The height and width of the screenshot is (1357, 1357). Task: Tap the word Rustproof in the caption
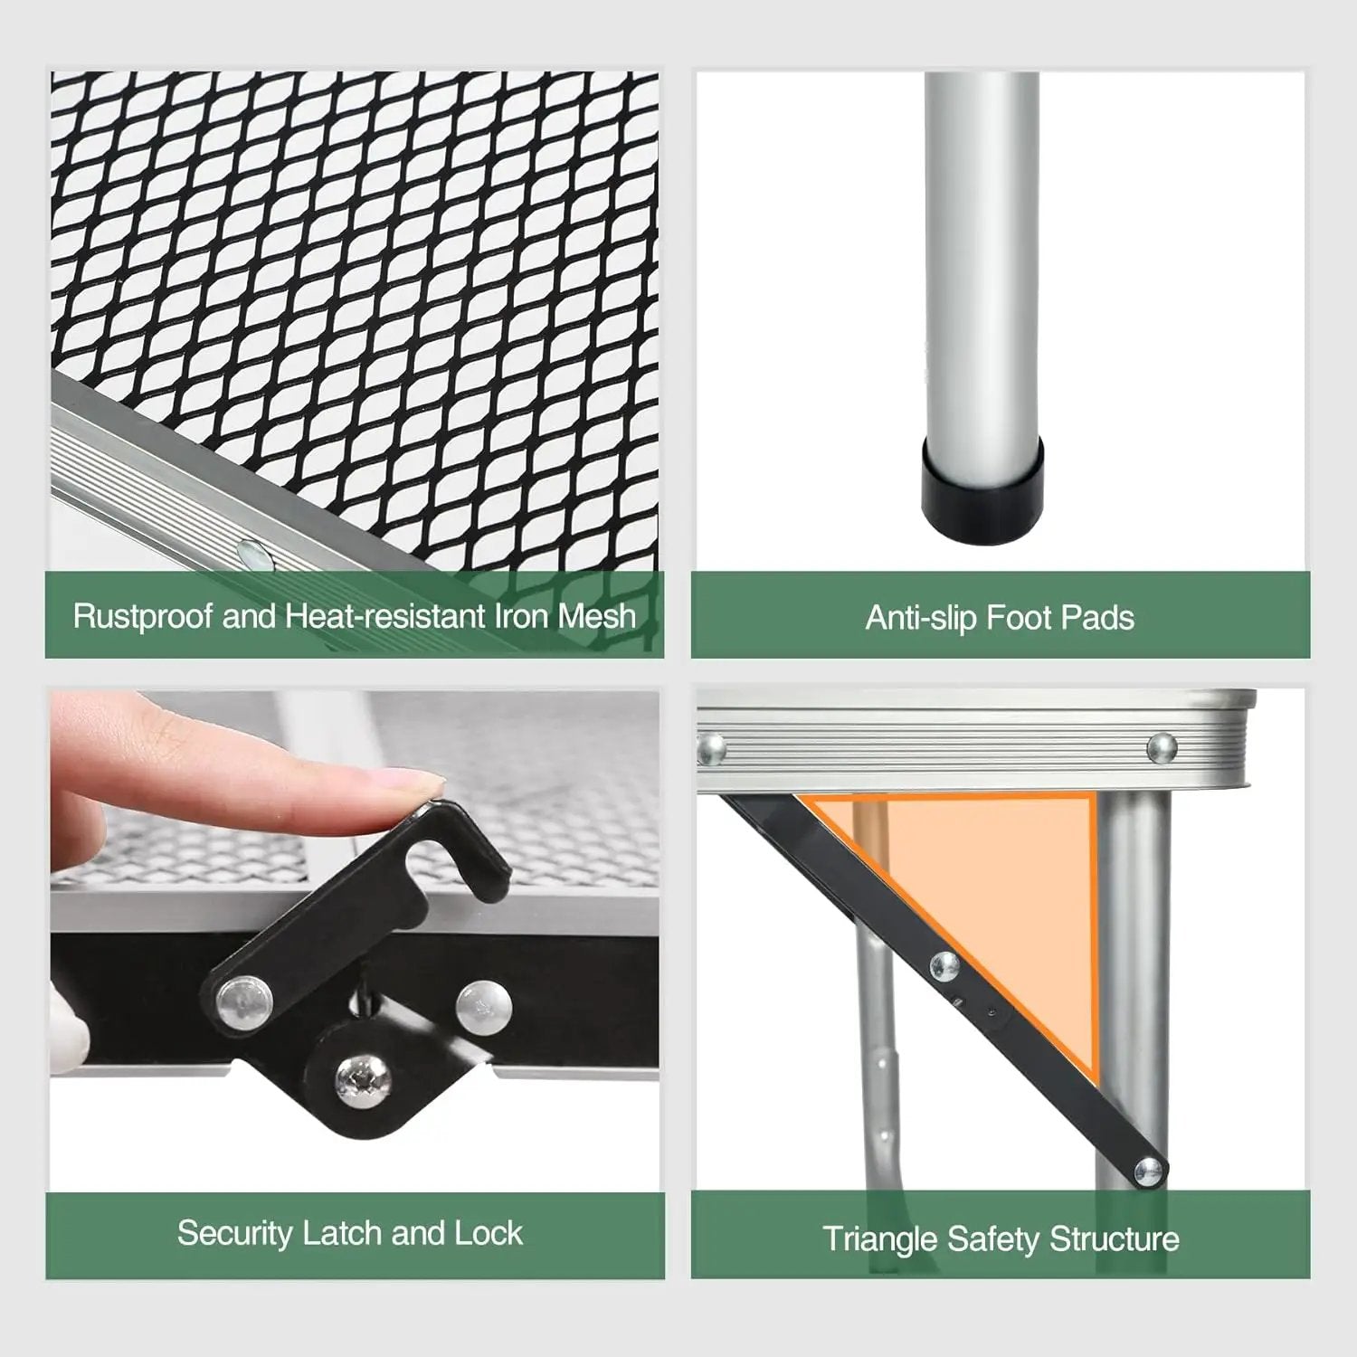(143, 617)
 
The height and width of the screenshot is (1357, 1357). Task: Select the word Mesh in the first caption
(596, 616)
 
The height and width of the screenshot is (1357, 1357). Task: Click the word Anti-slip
(921, 618)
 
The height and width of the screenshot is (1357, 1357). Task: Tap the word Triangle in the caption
(880, 1239)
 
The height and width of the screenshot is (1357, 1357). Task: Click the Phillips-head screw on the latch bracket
(355, 1078)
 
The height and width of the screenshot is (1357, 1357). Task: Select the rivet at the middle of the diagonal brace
(944, 965)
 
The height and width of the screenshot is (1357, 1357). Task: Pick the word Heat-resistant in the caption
(385, 617)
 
